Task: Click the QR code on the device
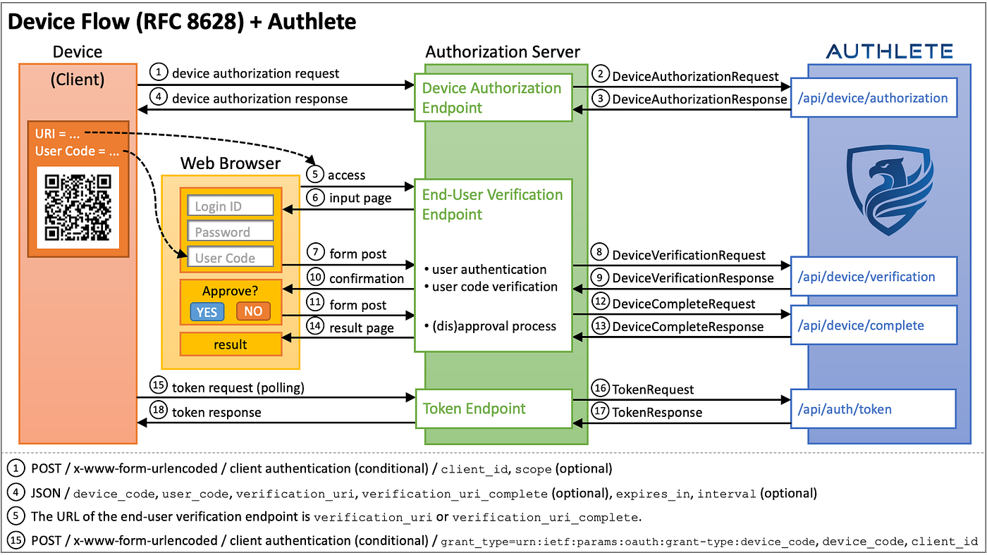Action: coord(78,207)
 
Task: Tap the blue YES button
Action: coord(207,311)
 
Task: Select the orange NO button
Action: coord(253,311)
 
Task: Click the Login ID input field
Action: coord(230,206)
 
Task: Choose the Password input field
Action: coord(230,231)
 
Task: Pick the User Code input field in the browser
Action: coord(230,257)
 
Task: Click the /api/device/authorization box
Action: coord(873,98)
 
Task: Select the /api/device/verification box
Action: coord(873,276)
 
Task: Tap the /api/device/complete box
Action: coord(873,325)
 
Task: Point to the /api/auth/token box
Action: coord(873,409)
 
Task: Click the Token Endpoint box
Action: coord(493,409)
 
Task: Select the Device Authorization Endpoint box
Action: coord(493,98)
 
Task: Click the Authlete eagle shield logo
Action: coord(889,190)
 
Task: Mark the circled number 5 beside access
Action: coord(315,174)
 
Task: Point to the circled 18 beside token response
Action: coord(159,410)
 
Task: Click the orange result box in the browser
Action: coord(231,344)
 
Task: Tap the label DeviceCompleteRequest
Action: coord(683,304)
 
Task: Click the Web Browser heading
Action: coord(230,163)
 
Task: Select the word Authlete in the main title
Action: coord(312,21)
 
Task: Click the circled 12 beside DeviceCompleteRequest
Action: coord(600,302)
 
